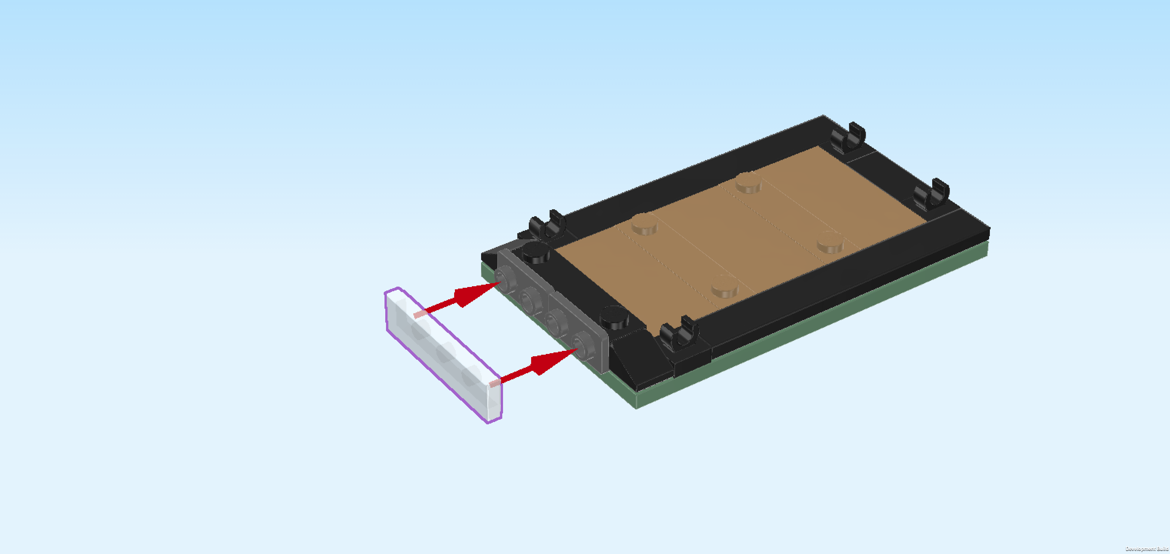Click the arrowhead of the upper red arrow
point(477,294)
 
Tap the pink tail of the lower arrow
point(495,383)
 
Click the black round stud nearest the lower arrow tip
point(614,317)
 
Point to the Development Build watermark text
point(1147,549)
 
